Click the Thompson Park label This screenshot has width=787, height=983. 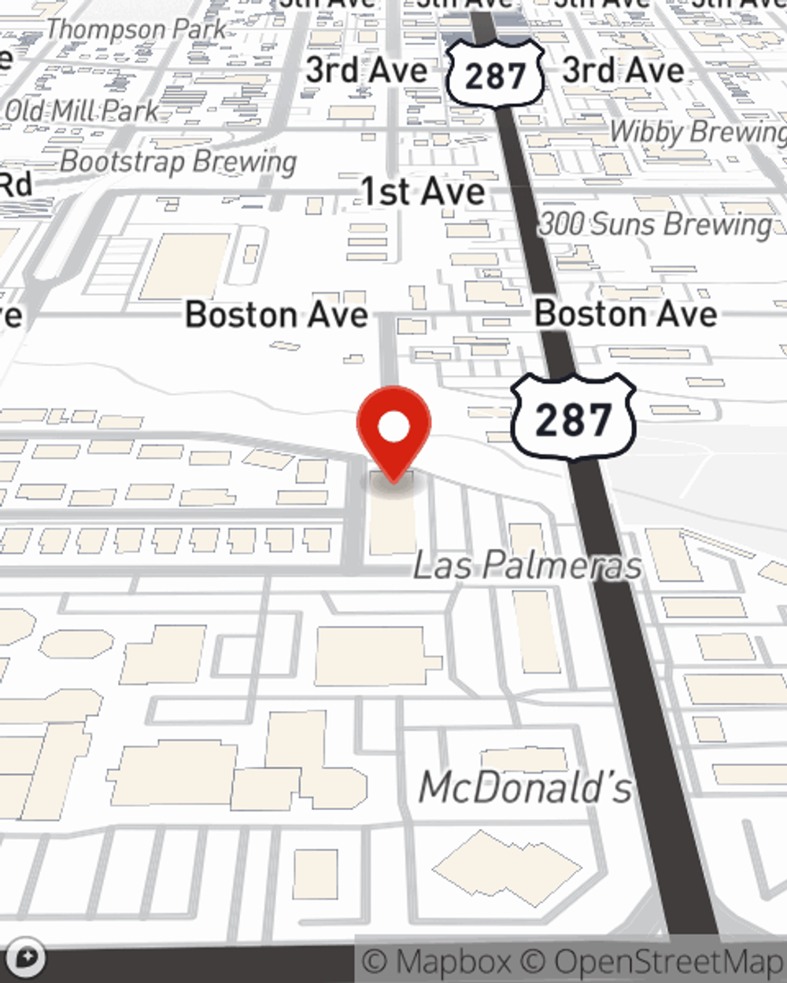pyautogui.click(x=135, y=30)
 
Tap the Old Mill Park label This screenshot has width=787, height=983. pyautogui.click(x=82, y=111)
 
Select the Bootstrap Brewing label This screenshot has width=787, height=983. pyautogui.click(x=179, y=162)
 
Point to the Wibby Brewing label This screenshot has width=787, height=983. pyautogui.click(x=697, y=132)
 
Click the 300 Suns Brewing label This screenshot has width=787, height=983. pyautogui.click(x=656, y=225)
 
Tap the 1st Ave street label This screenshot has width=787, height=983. pyautogui.click(x=423, y=192)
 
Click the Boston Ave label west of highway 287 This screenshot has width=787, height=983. pyautogui.click(x=276, y=315)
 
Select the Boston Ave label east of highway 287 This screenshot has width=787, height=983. pyautogui.click(x=626, y=315)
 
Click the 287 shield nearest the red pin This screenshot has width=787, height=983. pyautogui.click(x=573, y=418)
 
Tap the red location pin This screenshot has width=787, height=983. pyautogui.click(x=393, y=432)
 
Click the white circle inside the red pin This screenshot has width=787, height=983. pyautogui.click(x=393, y=427)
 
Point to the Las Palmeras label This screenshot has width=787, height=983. pyautogui.click(x=527, y=565)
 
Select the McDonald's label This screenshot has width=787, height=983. pyautogui.click(x=525, y=787)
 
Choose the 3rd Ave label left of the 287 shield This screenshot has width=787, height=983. pyautogui.click(x=366, y=71)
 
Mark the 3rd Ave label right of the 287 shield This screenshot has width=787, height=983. pyautogui.click(x=623, y=71)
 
